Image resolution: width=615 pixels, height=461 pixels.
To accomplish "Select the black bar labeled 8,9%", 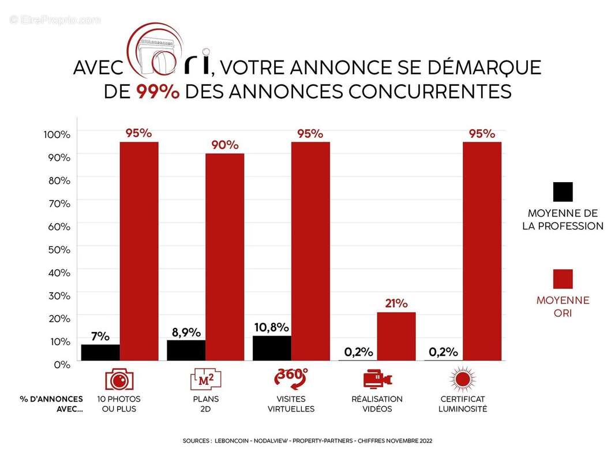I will point(186,350).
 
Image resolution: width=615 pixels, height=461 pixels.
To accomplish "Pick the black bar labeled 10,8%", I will point(272,348).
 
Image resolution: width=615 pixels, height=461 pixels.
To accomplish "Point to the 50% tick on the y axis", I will point(58,250).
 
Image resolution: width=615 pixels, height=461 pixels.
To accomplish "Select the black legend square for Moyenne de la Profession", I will point(562,192).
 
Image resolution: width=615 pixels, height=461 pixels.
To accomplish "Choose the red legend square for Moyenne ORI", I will point(562,279).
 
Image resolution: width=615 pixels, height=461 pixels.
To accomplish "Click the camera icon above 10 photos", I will point(119,379).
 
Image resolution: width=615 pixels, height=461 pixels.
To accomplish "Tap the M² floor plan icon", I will point(206,379).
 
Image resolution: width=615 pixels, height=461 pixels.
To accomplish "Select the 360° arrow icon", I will point(291,379).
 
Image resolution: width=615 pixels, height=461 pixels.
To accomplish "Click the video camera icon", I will point(377,379).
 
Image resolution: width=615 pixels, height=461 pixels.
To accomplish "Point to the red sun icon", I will point(462,379).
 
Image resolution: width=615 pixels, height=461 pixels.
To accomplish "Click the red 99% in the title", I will point(158,92).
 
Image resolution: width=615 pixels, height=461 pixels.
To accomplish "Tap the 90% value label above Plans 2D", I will point(224,145).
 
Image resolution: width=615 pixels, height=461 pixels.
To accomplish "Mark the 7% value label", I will point(100,337).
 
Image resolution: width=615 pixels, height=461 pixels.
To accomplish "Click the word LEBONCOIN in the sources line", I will point(234,440).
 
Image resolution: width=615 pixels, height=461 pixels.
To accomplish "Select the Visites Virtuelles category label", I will point(291,404).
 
